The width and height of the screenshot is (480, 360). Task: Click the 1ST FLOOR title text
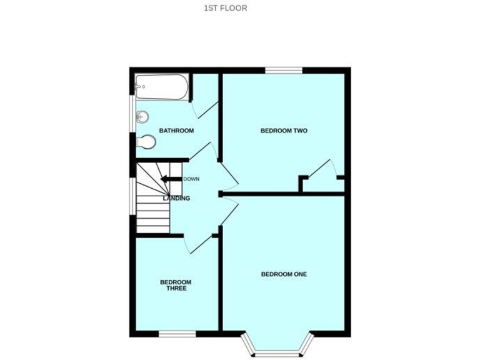coord(226,8)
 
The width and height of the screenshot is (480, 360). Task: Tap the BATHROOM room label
coord(176,131)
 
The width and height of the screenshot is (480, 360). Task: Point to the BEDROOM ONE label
coord(284,274)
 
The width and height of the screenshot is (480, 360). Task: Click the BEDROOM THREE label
coord(176,285)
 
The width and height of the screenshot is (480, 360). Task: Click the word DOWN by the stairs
coord(191,179)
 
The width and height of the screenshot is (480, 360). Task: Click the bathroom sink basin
coord(143,116)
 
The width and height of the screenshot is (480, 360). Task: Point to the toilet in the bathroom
coord(146,142)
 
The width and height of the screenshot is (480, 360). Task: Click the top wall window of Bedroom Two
coord(283,69)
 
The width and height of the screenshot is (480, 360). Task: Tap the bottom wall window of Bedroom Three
coord(173,334)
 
